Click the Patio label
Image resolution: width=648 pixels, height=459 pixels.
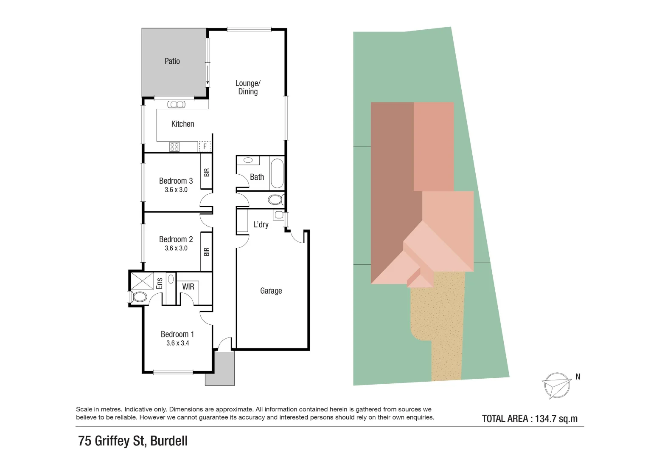coord(172,61)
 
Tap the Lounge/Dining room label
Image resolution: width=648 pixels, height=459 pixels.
coord(248,87)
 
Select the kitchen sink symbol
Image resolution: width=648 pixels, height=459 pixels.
coord(176,105)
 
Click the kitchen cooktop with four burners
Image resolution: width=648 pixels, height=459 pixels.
coord(174,147)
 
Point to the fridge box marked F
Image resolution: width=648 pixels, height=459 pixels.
coord(205,146)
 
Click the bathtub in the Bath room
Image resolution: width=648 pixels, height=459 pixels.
coord(277,173)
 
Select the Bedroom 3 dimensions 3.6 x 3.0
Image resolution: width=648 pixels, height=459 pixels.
coord(176,190)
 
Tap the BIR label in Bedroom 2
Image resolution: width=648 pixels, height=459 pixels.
coord(207,252)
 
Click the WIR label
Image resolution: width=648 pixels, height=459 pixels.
coord(188,287)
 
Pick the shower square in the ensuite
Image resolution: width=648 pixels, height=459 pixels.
coord(143,280)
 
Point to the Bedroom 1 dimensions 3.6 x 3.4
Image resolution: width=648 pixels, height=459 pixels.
coord(177,343)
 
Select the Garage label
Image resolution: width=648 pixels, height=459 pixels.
coord(271,291)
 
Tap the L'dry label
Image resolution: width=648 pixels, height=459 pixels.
coord(261,225)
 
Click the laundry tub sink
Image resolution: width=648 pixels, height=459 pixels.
coord(279,215)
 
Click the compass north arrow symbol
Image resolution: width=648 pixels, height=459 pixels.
coord(556,385)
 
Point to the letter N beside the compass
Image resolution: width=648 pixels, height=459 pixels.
coord(578,377)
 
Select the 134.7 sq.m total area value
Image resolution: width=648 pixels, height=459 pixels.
coord(556,419)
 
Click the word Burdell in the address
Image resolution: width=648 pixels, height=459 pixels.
coord(169,441)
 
